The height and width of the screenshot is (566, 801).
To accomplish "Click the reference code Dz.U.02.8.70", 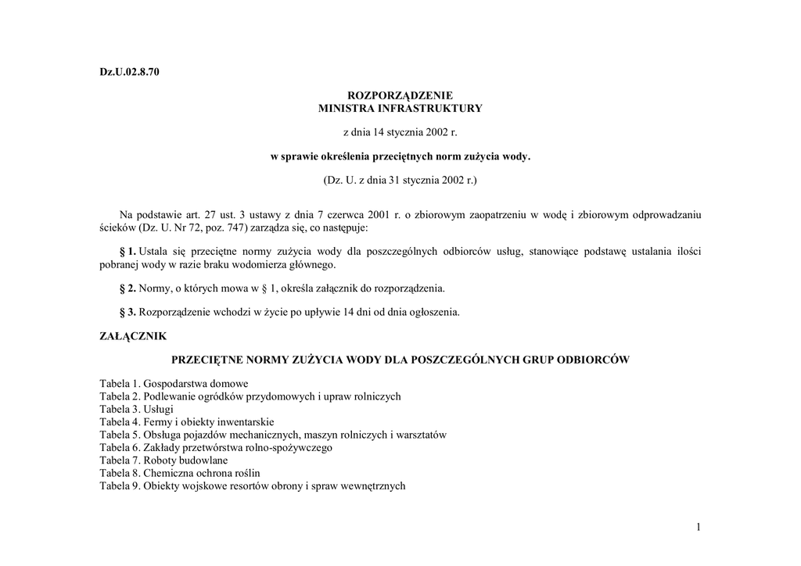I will point(129,73).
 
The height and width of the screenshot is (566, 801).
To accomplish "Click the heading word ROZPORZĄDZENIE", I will point(400,95).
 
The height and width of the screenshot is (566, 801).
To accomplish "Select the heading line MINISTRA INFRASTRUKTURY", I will point(400,108).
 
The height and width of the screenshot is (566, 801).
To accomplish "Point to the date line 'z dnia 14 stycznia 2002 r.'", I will point(400,132).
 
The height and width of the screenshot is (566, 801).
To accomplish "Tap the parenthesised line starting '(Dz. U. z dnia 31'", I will point(400,181).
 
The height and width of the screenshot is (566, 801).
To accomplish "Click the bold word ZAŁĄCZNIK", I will point(133,336).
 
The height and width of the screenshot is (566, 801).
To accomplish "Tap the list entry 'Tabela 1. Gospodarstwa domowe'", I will point(174,384).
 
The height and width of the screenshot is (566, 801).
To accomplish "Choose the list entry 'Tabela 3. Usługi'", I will point(136,409).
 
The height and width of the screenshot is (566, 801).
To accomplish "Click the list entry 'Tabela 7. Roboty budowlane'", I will point(163,460).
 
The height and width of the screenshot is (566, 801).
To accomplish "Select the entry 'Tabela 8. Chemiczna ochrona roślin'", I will point(180,473).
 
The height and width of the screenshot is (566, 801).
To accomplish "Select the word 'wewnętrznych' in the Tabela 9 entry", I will point(376,486).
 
